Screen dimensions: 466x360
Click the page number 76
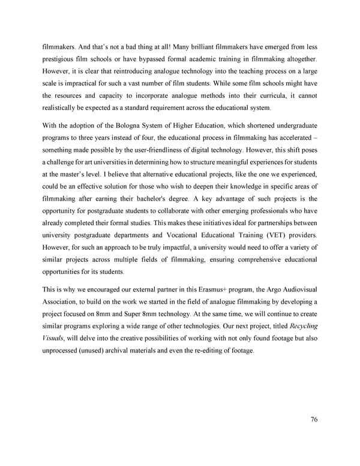314,419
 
